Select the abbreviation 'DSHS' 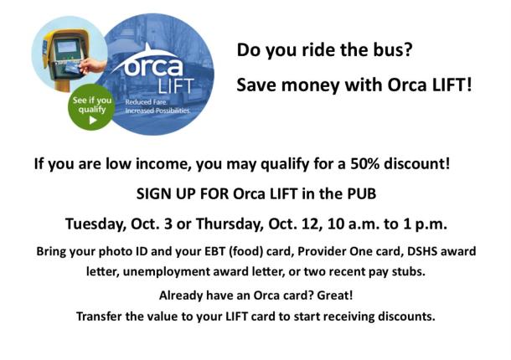[x=387, y=252]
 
